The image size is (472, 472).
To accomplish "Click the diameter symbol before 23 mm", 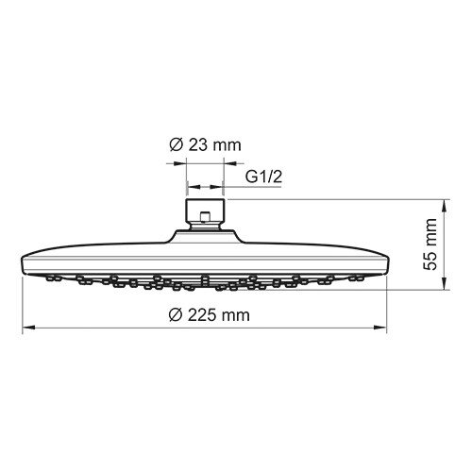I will pyautogui.click(x=175, y=145).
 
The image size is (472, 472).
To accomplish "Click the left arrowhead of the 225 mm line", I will pyautogui.click(x=27, y=327).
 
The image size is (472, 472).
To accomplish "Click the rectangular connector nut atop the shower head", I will pyautogui.click(x=205, y=210).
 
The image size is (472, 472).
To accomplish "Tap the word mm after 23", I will pyautogui.click(x=229, y=145).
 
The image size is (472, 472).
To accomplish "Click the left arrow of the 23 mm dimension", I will pyautogui.click(x=180, y=161).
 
